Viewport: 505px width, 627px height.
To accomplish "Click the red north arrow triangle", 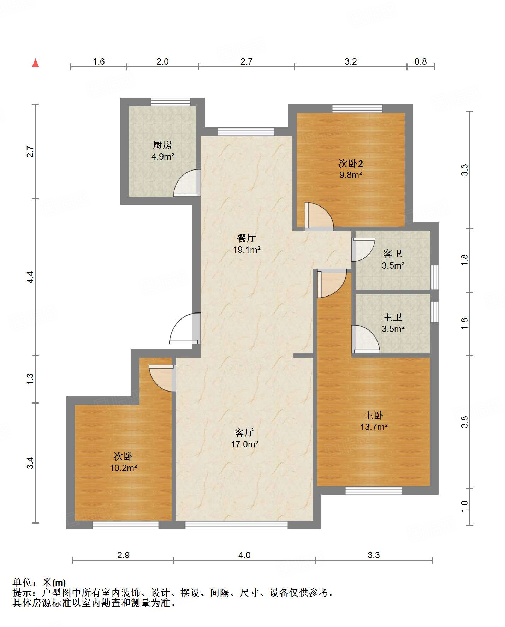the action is [35, 63].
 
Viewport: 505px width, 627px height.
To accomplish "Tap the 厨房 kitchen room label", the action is [162, 145].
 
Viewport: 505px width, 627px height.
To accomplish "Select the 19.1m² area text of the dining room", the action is [246, 250].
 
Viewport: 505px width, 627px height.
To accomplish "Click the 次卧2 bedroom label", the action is [351, 163].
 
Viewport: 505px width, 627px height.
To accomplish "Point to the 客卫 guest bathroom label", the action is [393, 253].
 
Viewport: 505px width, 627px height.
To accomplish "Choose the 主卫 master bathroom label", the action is [393, 317].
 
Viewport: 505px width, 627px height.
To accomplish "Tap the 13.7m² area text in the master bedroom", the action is [374, 427].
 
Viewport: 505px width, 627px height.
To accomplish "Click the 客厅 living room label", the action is [244, 432].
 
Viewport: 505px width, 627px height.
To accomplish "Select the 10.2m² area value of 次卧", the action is [123, 468].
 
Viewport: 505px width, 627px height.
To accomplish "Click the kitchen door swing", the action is [187, 183].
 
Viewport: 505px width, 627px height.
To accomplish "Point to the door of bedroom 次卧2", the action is [319, 216].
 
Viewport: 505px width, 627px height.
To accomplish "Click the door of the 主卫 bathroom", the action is [366, 339].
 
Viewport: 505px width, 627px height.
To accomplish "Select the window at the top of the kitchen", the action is [171, 102].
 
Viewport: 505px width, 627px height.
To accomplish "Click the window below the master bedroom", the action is [374, 490].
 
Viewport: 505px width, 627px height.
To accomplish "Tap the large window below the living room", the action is [237, 525].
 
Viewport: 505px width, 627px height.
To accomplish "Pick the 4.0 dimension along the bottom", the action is [244, 555].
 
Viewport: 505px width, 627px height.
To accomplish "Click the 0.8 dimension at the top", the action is [421, 62].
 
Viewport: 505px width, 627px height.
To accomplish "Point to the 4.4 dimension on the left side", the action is [31, 277].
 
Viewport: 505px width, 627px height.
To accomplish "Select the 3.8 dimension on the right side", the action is [464, 422].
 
